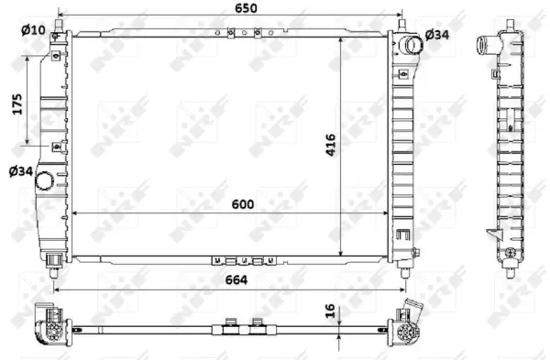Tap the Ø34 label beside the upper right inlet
click(436, 36)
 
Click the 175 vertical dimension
click(16, 106)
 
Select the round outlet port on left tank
click(44, 182)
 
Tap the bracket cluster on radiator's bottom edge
click(244, 259)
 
